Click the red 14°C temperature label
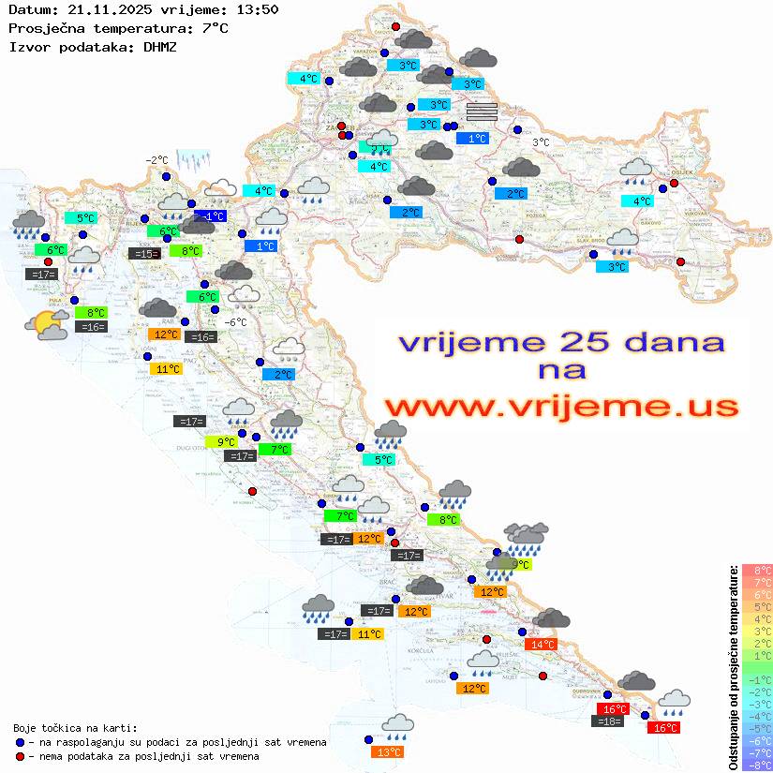pos(543,645)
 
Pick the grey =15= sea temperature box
pos(143,254)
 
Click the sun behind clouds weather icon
pos(47,325)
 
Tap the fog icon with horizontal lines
pos(481,112)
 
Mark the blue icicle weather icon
pos(193,158)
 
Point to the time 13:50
pos(256,9)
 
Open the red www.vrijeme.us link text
pos(560,408)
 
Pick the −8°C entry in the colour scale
pos(757,765)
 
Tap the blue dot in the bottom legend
pos(21,742)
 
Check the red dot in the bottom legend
pos(21,756)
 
